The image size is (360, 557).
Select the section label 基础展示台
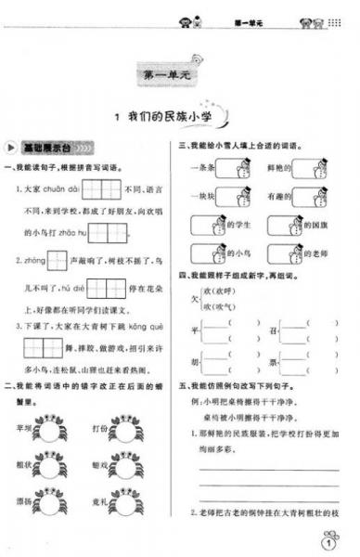46,149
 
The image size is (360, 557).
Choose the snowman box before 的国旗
282,226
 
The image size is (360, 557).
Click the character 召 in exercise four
272,330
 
